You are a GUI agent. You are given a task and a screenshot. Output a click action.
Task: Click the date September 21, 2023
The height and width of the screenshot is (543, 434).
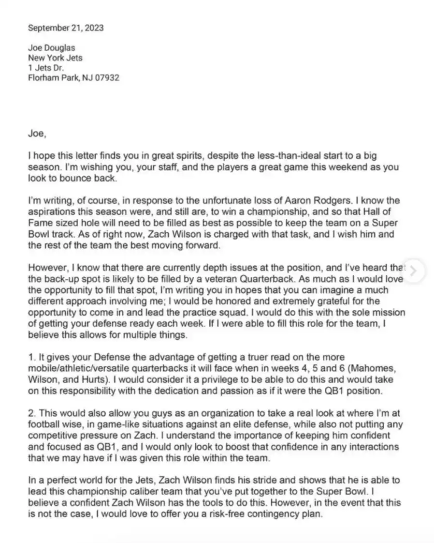[x=65, y=28]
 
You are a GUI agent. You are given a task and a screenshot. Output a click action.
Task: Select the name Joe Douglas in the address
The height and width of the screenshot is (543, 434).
[x=52, y=48]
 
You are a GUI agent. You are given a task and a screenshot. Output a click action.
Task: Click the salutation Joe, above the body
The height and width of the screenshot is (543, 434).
[x=37, y=134]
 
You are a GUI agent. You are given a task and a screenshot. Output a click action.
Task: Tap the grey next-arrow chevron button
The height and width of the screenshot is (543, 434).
[x=413, y=271]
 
